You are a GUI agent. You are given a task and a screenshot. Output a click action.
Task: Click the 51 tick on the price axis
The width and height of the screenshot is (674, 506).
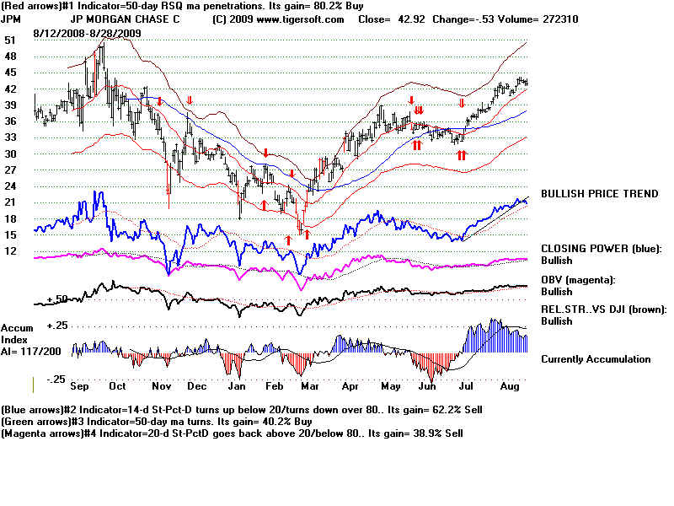pos(10,40)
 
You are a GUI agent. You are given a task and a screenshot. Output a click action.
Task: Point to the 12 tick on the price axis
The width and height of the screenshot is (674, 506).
pos(10,251)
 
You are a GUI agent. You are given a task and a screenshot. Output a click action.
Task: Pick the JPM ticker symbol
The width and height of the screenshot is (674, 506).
pos(13,19)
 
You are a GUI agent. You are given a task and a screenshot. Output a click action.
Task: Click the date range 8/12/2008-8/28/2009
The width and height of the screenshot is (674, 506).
pos(88,33)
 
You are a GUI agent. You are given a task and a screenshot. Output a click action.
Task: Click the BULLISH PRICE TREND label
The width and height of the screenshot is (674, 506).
pos(599,194)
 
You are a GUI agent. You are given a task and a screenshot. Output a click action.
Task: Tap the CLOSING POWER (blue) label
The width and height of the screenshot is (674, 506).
pos(602,249)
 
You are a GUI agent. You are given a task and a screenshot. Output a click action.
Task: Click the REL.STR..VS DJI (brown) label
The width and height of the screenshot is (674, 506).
pos(603,310)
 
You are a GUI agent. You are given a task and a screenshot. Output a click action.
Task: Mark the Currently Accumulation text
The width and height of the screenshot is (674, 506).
pos(596,359)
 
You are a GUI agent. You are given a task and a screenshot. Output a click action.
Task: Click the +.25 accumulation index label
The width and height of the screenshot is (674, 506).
pos(56,326)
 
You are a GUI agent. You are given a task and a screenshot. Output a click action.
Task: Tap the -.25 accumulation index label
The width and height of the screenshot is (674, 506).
pos(56,379)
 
